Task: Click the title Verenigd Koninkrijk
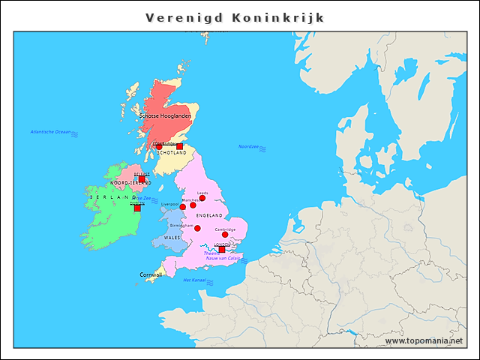(235, 17)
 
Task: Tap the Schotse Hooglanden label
(165, 116)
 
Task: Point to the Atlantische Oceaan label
(50, 132)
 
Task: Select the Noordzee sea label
(248, 146)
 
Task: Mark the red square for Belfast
(142, 179)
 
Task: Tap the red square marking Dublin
(137, 208)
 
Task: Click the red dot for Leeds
(202, 198)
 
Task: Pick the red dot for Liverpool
(182, 207)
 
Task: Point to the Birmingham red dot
(197, 228)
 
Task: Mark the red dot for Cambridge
(225, 235)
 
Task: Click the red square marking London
(221, 249)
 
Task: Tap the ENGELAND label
(208, 215)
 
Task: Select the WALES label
(172, 237)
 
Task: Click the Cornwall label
(150, 274)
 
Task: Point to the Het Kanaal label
(194, 280)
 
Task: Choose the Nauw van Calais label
(224, 259)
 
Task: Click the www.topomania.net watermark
(424, 340)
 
